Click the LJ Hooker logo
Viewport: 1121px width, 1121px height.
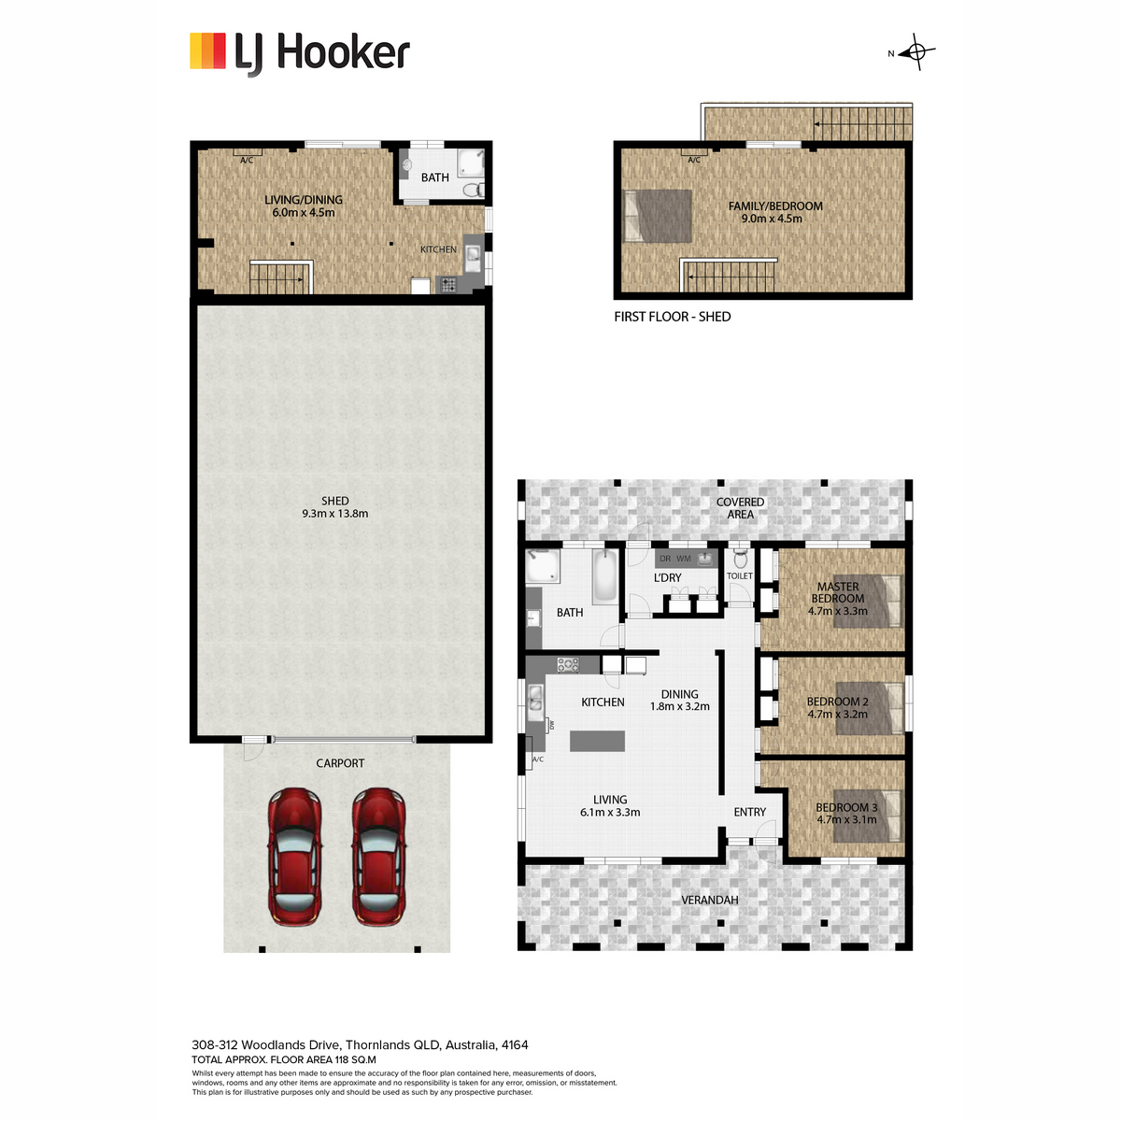(300, 53)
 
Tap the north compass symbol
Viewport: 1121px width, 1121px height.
(915, 52)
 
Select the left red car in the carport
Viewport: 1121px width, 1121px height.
(294, 857)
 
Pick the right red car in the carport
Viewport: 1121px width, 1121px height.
(378, 857)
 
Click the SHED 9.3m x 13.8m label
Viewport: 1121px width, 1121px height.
(335, 507)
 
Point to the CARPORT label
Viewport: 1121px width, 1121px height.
(340, 763)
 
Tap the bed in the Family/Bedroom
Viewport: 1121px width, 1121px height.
(658, 216)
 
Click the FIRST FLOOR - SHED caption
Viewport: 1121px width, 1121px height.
(673, 317)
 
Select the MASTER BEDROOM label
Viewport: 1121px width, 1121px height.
(838, 592)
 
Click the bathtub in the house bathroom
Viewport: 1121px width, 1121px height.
(605, 576)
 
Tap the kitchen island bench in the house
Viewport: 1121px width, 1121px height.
(598, 741)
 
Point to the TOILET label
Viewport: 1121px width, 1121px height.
(739, 576)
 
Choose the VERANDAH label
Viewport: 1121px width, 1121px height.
(710, 900)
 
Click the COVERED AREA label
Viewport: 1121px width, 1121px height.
(740, 508)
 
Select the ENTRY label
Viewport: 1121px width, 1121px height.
(750, 812)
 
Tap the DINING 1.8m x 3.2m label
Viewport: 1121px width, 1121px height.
(679, 701)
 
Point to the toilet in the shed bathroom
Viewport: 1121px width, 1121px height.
(474, 189)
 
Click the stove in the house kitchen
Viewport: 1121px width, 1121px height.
(568, 665)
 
